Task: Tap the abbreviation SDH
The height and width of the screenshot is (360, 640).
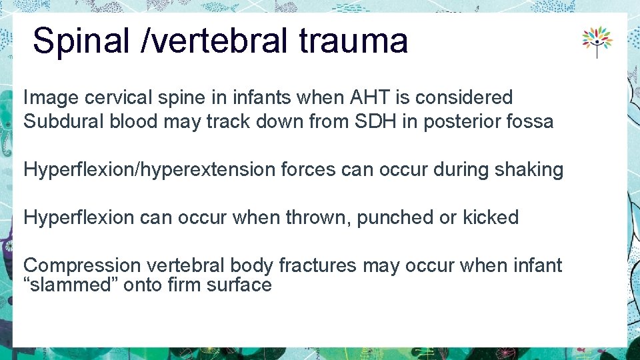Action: point(377,121)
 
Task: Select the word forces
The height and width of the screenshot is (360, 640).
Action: point(305,169)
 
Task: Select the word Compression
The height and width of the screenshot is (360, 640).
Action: point(82,265)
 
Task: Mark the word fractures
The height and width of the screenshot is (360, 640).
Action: point(318,265)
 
